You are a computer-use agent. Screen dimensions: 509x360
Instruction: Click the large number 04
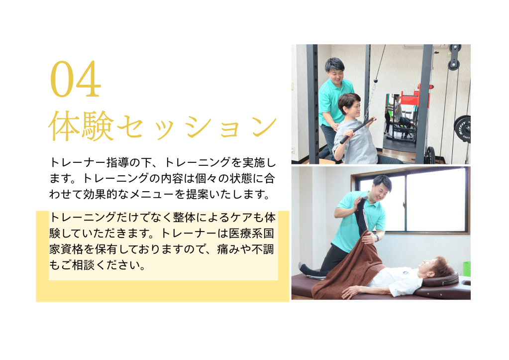point(75,79)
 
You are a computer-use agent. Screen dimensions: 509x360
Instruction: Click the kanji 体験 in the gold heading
point(82,126)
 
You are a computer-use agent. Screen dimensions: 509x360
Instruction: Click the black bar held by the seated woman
point(357,131)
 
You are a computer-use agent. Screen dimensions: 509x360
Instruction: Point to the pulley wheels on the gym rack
point(454,57)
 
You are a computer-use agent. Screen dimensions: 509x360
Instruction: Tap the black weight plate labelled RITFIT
point(462,129)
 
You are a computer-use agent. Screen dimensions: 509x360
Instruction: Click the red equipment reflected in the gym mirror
point(416,98)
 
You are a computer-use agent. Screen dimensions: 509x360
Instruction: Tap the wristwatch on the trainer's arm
point(377,238)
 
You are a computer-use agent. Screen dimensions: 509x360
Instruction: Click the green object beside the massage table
point(467,268)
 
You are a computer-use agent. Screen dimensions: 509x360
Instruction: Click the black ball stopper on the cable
point(376,80)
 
